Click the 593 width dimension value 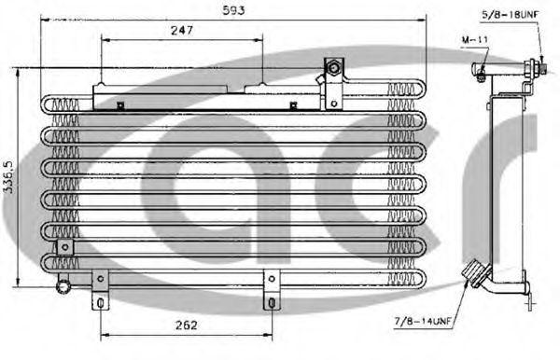[x=234, y=12]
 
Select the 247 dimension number [x=182, y=31]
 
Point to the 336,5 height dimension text [x=10, y=177]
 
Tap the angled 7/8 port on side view [x=475, y=272]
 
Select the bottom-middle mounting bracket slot [x=271, y=303]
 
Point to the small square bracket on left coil [x=64, y=246]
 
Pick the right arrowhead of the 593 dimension [x=423, y=21]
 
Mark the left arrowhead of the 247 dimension [x=104, y=41]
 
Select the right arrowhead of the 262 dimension [x=269, y=336]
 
